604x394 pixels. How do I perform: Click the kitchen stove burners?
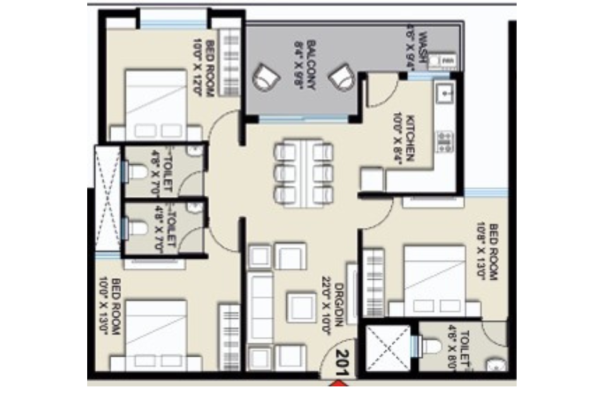(x=444, y=141)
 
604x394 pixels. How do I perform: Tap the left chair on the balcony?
(x=265, y=79)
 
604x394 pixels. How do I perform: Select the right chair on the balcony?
(x=342, y=79)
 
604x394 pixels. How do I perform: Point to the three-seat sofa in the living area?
(x=260, y=309)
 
